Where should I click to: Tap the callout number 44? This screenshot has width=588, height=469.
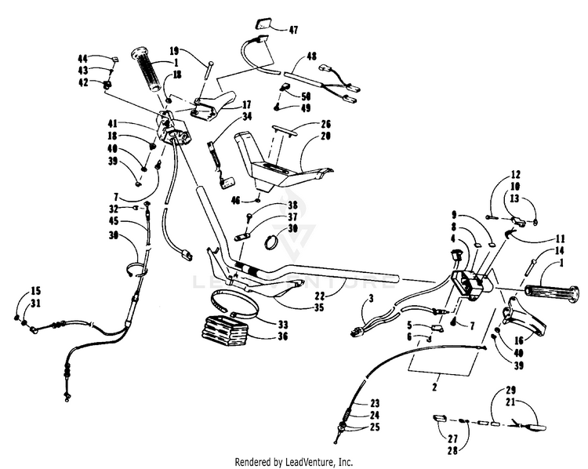(x=82, y=58)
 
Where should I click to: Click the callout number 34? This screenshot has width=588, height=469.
(x=247, y=117)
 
